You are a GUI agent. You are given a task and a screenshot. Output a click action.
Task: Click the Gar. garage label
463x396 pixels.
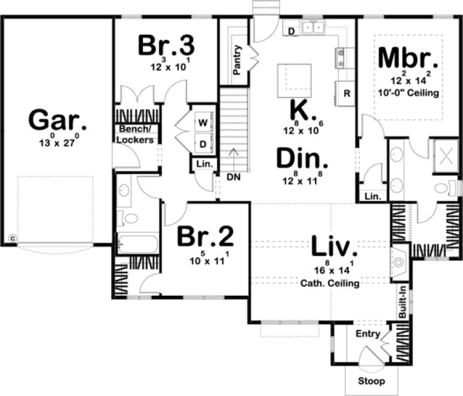click(58, 121)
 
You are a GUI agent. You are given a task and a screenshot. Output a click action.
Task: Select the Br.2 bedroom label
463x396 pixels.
click(205, 238)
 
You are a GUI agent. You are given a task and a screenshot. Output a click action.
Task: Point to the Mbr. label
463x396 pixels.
click(408, 59)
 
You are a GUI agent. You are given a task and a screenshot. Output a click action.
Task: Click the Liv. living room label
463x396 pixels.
click(334, 246)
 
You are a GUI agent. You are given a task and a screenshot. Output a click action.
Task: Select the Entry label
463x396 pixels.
click(367, 334)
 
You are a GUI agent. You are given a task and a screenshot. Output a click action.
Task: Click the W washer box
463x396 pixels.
click(203, 123)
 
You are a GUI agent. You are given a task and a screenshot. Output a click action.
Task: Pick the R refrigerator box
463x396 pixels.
click(346, 94)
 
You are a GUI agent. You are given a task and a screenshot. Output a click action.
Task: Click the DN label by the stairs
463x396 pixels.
click(233, 177)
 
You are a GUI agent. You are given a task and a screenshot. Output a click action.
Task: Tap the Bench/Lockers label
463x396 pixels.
click(136, 135)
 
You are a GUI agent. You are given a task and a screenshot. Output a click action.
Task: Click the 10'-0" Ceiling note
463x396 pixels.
click(409, 93)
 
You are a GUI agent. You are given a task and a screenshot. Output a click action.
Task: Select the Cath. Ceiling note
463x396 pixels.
click(330, 283)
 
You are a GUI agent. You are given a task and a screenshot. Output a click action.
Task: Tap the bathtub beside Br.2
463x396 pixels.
click(137, 245)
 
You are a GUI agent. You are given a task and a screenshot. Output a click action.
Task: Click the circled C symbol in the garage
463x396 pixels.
click(12, 238)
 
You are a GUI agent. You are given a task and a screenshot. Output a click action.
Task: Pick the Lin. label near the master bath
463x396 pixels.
click(372, 196)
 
